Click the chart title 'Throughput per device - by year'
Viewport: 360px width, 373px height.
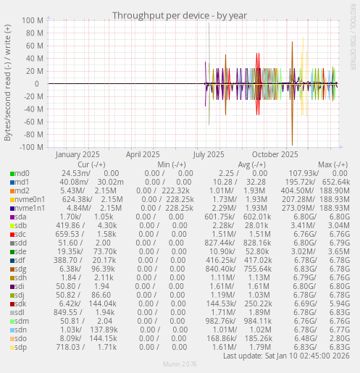tap(180, 15)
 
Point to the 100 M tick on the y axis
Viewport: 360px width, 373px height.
tap(33, 21)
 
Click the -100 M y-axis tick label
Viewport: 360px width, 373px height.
tap(31, 147)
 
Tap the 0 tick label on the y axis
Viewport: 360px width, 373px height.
tap(42, 84)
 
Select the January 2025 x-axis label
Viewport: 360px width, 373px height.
tap(78, 154)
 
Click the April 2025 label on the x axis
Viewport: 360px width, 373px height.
tap(143, 154)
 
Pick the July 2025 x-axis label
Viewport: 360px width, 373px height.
tap(209, 154)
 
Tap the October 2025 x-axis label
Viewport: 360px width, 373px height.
tap(275, 154)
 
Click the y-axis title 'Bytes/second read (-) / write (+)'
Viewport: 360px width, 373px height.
tap(8, 83)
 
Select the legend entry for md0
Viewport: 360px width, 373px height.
tap(22, 173)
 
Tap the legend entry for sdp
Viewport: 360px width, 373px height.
tap(20, 347)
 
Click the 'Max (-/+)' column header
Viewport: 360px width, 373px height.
tap(332, 164)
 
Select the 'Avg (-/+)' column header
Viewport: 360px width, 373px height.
tap(251, 164)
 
